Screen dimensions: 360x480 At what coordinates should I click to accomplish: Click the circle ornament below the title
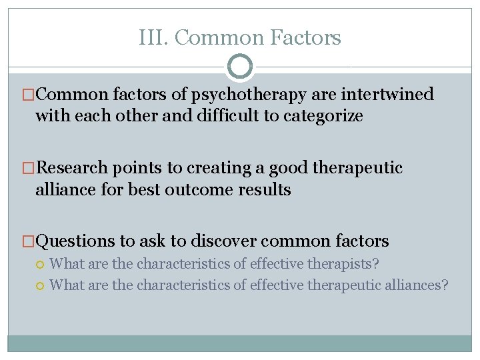tap(240, 67)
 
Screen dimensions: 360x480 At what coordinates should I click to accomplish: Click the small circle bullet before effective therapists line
tap(41, 265)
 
